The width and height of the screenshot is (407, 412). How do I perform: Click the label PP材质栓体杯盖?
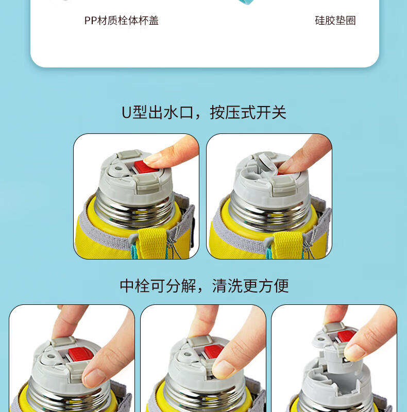coord(122,21)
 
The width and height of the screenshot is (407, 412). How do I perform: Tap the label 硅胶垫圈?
coord(335,21)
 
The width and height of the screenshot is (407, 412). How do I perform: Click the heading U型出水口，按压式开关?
coord(204,112)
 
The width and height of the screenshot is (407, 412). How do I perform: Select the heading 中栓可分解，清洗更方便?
coord(205,286)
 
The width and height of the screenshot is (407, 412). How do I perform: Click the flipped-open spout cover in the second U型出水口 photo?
coord(268,163)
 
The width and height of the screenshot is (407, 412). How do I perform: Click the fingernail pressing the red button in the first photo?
coord(152,159)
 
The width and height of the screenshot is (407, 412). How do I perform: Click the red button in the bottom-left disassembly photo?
coord(80,353)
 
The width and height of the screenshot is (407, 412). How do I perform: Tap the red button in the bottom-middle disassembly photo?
coord(213,352)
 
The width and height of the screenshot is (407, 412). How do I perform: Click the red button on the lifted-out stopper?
coord(346,336)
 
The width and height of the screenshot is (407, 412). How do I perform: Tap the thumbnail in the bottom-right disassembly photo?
coord(354,352)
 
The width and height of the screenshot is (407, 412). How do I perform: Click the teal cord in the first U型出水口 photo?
coord(134,251)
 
